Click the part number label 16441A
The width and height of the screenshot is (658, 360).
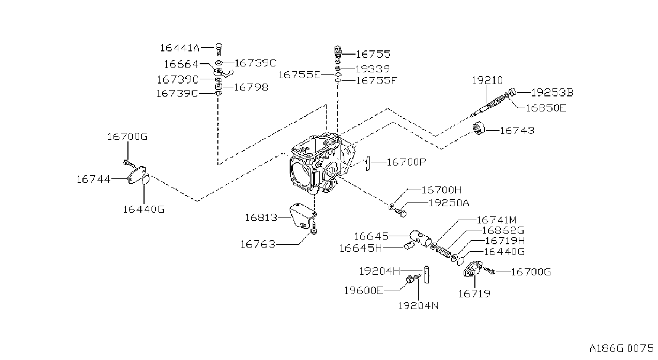click(x=179, y=48)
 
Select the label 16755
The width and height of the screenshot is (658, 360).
click(x=373, y=54)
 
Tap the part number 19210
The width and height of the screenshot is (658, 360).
click(x=487, y=80)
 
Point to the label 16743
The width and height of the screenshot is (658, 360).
click(x=517, y=130)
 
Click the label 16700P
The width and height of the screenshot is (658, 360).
click(x=406, y=162)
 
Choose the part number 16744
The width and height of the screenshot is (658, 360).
click(x=93, y=179)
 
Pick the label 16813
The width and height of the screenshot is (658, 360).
click(x=261, y=217)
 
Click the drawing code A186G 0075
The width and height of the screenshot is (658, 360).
click(x=622, y=349)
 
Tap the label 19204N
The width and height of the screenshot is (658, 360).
click(x=418, y=306)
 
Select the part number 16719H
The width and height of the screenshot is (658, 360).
click(x=505, y=241)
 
